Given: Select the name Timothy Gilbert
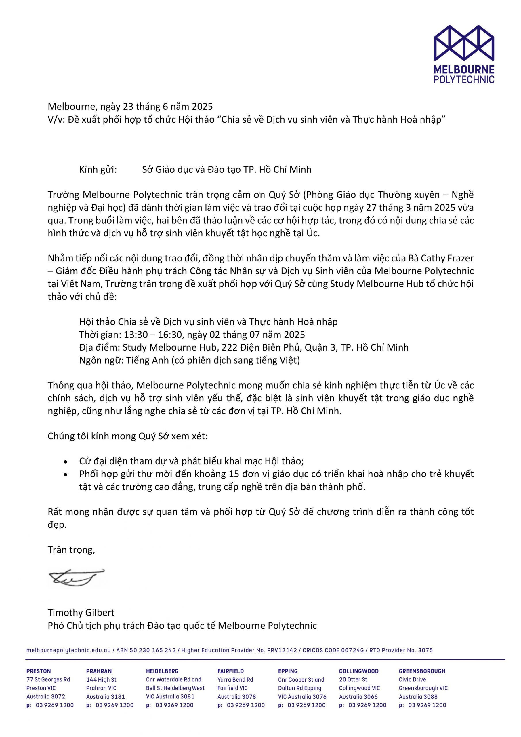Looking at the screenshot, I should tap(81, 612).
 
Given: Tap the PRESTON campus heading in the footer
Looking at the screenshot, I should tap(39, 671).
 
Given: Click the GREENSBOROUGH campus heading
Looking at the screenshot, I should tap(422, 671).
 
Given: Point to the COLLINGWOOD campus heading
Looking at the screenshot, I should tap(359, 671).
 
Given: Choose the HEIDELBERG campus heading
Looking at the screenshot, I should tap(162, 671).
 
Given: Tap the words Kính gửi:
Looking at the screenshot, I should tap(98, 170).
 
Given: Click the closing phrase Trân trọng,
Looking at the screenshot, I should tap(71, 550).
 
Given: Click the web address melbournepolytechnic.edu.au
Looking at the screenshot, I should tap(68, 650).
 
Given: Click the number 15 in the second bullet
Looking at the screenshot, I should tap(234, 474).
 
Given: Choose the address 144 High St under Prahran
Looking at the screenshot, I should tap(101, 679).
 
